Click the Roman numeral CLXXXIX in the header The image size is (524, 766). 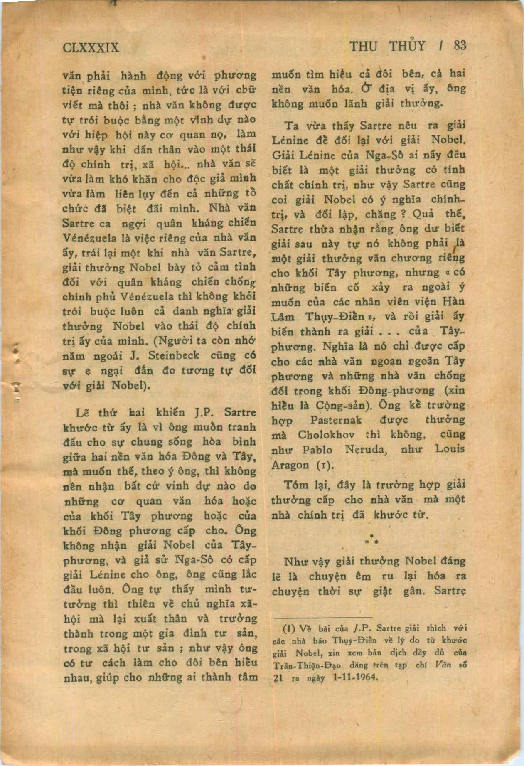[x=91, y=47]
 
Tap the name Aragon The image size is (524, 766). [x=290, y=465]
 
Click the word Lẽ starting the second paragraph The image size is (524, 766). [x=83, y=413]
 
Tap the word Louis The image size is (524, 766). [x=450, y=449]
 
